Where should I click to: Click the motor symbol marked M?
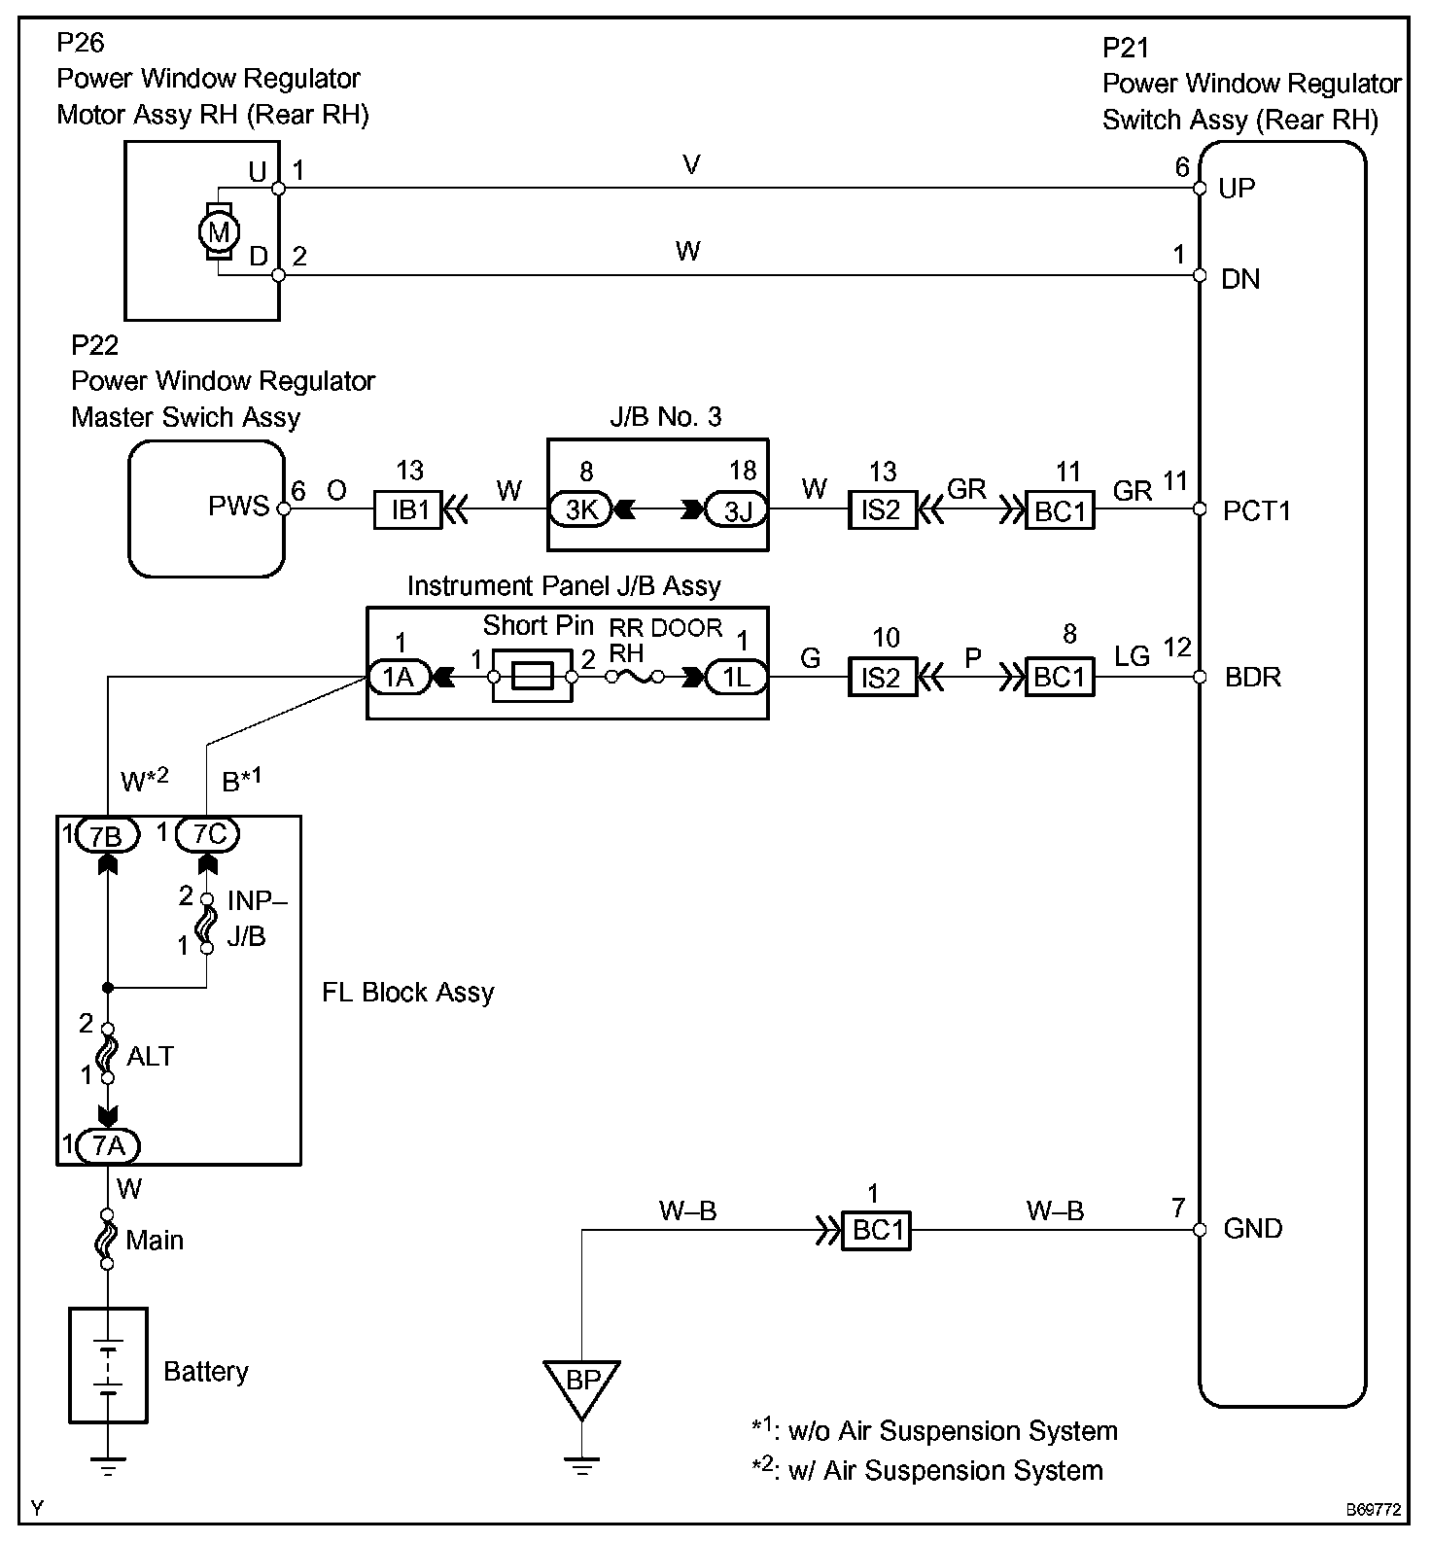click(219, 232)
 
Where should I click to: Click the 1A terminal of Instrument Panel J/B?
click(399, 677)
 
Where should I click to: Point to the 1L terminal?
click(737, 677)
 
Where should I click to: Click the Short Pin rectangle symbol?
click(533, 677)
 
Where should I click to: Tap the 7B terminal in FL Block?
click(107, 834)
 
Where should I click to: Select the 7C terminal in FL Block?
click(208, 834)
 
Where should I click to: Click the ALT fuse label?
click(150, 1056)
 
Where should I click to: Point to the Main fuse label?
click(155, 1240)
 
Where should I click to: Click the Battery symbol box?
click(108, 1365)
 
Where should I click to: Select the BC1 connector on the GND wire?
click(877, 1231)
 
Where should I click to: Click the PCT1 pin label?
click(1256, 511)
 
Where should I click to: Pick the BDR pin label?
click(1252, 677)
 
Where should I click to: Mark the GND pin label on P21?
click(1252, 1229)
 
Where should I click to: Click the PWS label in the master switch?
click(238, 507)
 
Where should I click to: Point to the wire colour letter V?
click(691, 165)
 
